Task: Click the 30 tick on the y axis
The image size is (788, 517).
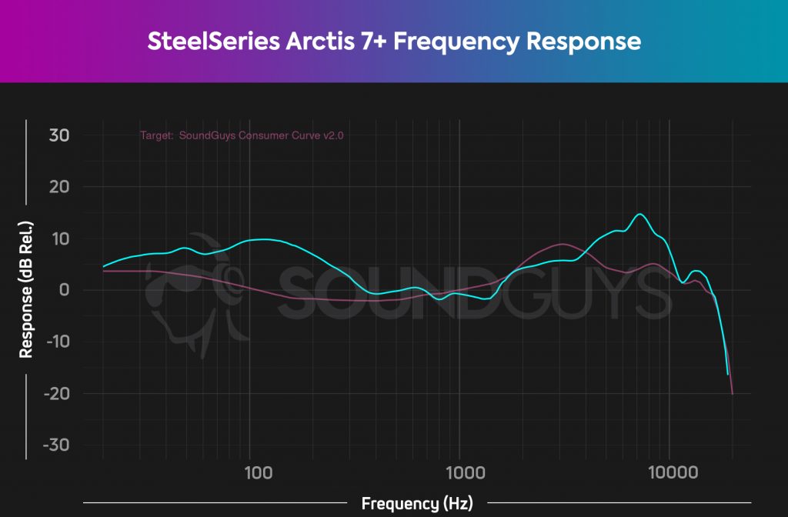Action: tap(60, 135)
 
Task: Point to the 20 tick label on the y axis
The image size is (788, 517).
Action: tap(60, 187)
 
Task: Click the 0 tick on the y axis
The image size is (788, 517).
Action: tap(65, 290)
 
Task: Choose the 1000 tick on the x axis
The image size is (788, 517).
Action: tap(460, 471)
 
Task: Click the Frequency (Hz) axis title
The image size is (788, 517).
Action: tap(416, 504)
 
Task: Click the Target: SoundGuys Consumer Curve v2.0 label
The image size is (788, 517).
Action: tap(242, 135)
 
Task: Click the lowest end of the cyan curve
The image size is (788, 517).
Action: tap(727, 374)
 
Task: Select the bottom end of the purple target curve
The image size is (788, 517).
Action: tap(732, 393)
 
